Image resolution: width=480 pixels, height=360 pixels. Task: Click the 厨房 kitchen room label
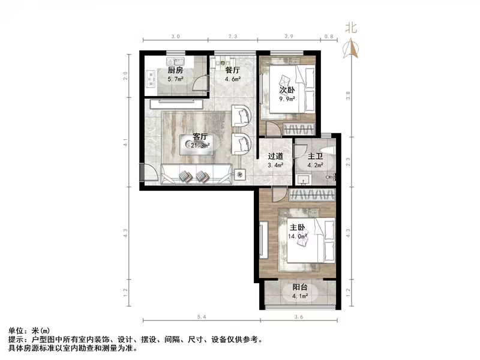pyautogui.click(x=175, y=70)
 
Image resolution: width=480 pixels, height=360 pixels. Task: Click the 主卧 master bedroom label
pyautogui.click(x=298, y=228)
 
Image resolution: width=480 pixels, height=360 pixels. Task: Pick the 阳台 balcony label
pyautogui.click(x=300, y=287)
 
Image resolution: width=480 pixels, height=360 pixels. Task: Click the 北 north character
pyautogui.click(x=352, y=27)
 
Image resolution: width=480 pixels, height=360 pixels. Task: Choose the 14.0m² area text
pyautogui.click(x=298, y=236)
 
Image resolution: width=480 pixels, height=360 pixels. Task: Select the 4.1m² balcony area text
pyautogui.click(x=300, y=296)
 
